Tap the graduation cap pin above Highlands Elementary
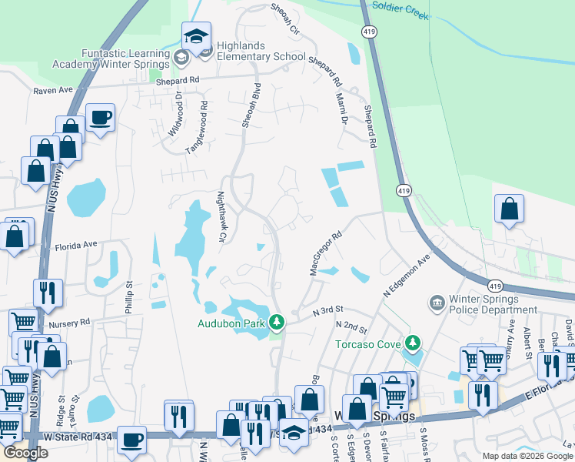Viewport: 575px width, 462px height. pos(196,37)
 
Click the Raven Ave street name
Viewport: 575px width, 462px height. pos(52,91)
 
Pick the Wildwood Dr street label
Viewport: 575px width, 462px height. pos(175,115)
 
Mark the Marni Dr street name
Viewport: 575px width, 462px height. pos(342,108)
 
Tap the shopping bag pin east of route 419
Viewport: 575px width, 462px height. pos(509,209)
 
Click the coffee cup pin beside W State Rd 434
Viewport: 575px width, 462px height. pos(131,440)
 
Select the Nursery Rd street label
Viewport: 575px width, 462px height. pos(69,323)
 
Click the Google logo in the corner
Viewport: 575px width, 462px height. pos(25,453)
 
